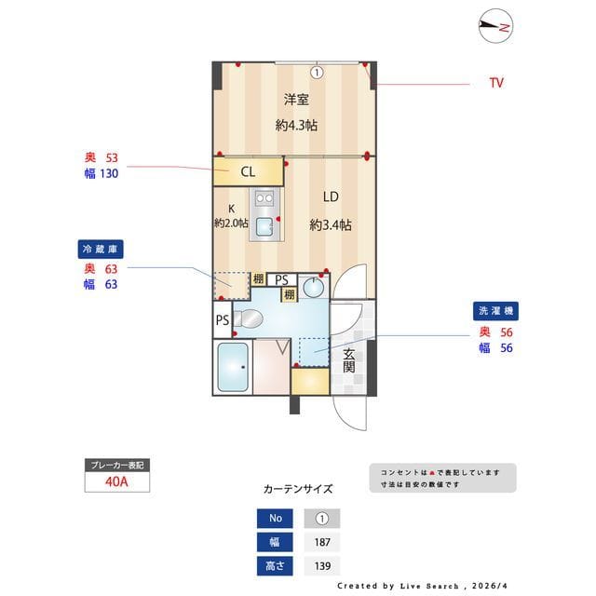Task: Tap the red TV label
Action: tap(496, 83)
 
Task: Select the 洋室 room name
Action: tap(296, 101)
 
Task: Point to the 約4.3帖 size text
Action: tap(296, 124)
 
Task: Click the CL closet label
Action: tap(248, 171)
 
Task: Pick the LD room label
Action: tap(331, 197)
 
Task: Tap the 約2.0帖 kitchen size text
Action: tap(231, 223)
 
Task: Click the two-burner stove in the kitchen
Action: tap(264, 198)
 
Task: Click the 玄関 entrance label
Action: tap(348, 360)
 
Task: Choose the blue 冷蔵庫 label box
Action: tap(101, 250)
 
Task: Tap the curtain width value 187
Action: tap(321, 542)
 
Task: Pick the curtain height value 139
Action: tap(321, 565)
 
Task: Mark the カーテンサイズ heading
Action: tap(298, 488)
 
